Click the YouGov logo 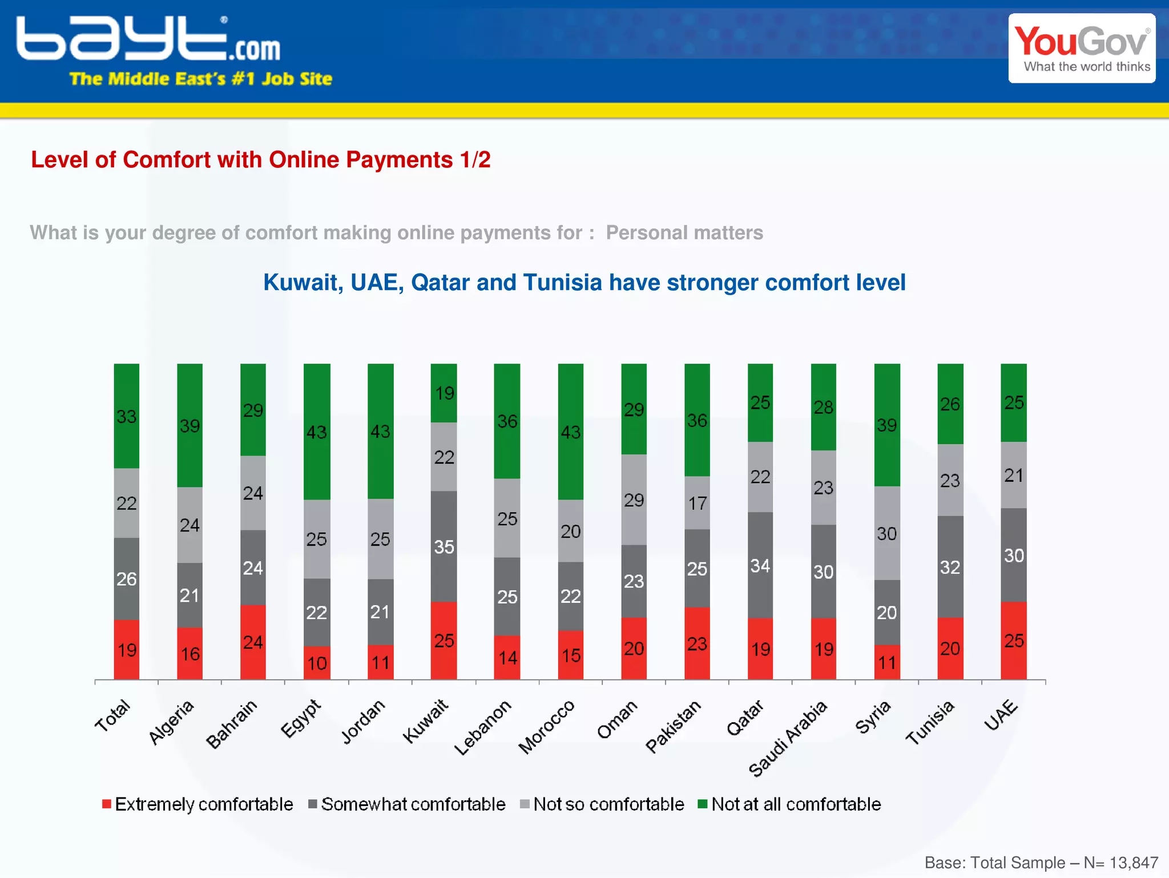(x=1082, y=49)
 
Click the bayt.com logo (x=148, y=40)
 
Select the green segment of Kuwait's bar (x=444, y=393)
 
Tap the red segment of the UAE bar (x=1013, y=641)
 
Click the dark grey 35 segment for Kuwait (x=444, y=546)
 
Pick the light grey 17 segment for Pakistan (x=697, y=503)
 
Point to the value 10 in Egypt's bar (x=317, y=663)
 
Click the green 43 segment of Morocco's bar (x=570, y=432)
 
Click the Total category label (x=113, y=716)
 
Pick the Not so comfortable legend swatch (x=525, y=804)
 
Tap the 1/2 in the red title (x=475, y=160)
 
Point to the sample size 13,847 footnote (x=1133, y=863)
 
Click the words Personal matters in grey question (x=684, y=233)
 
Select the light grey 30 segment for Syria (x=886, y=533)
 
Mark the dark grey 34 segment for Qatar (x=760, y=565)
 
